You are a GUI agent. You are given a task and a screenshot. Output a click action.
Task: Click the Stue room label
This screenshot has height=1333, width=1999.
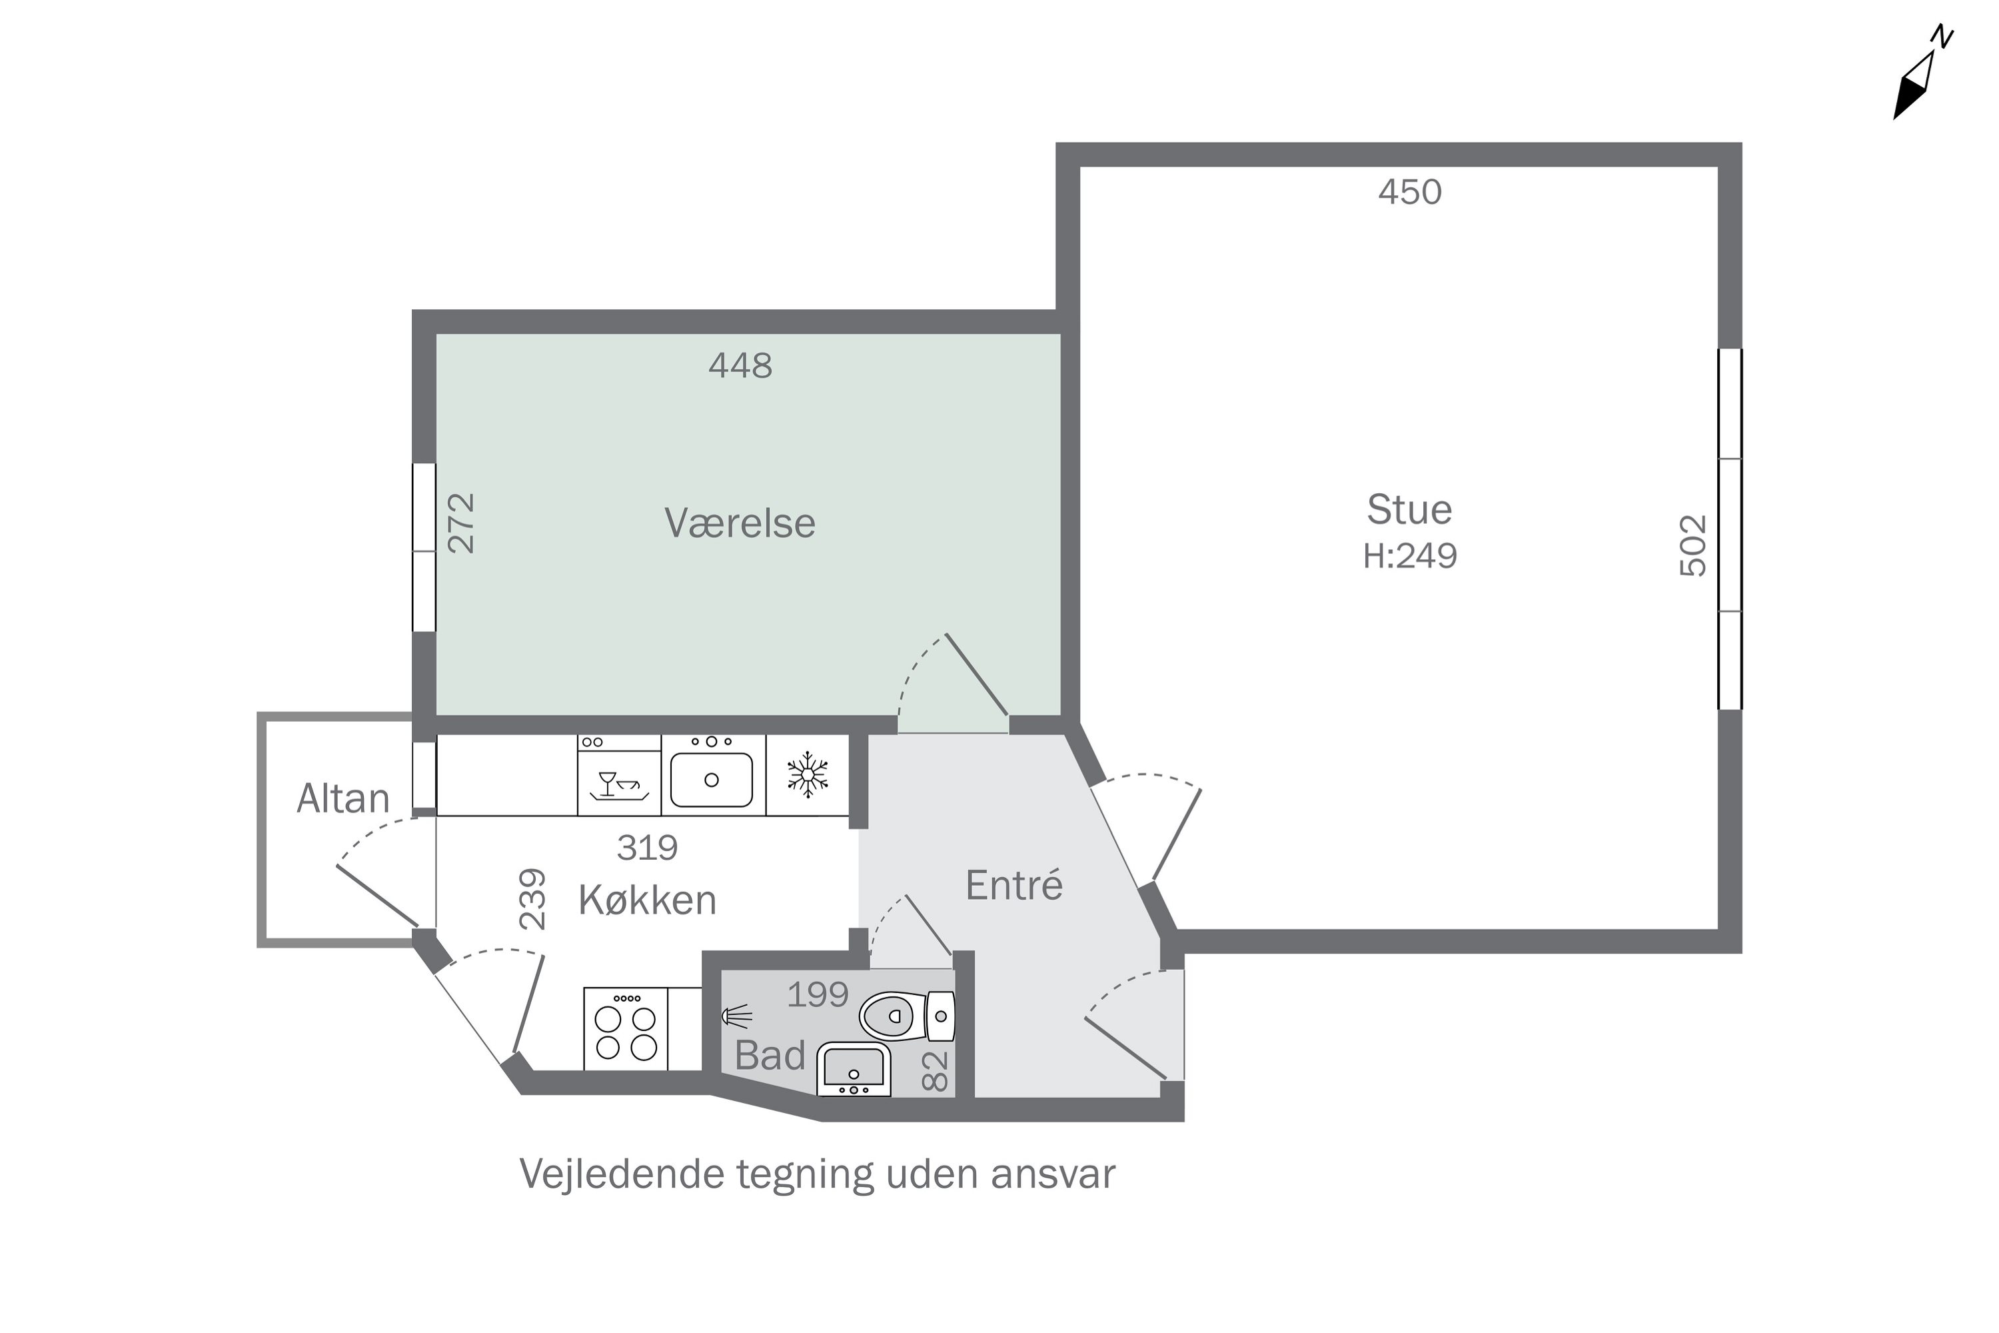coord(1409,509)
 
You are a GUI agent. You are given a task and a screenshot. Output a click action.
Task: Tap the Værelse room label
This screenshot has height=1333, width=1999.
coord(740,522)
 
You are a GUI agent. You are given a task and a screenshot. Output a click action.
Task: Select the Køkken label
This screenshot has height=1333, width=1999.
coord(647,899)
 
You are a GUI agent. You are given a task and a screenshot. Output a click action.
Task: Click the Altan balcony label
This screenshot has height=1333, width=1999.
coord(342,798)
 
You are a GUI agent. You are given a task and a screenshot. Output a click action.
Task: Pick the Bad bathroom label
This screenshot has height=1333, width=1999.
coord(769,1055)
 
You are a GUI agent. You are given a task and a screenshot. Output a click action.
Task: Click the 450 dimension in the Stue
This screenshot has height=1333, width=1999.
coord(1410,192)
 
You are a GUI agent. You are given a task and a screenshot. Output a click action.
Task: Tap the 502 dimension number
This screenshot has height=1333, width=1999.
coord(1693,546)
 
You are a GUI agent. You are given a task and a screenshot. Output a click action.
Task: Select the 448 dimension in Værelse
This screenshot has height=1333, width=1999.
coord(740,365)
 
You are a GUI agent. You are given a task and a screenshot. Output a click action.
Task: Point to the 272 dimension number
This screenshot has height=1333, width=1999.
coord(462,524)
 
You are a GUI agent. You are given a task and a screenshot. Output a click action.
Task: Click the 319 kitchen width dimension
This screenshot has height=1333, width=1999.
coord(647,848)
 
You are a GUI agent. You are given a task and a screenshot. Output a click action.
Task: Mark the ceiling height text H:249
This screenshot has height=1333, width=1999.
coord(1410,556)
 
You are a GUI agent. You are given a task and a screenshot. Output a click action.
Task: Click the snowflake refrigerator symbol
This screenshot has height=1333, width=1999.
coord(808,774)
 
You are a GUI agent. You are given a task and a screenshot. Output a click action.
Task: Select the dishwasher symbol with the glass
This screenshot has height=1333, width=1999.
coord(620,775)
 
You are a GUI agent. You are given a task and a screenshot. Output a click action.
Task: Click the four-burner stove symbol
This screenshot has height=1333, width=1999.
coord(626,1028)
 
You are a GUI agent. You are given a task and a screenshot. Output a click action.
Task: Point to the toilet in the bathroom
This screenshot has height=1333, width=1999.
coord(907,1015)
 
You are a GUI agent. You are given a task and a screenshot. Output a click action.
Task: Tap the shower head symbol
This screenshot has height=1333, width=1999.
coord(736,1015)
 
